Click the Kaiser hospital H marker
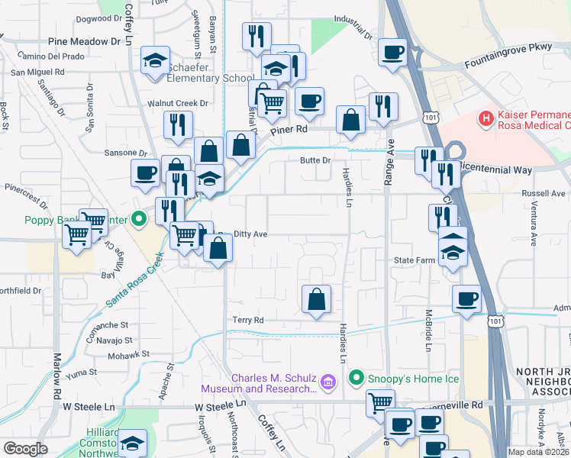pyautogui.click(x=484, y=119)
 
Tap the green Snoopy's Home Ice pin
pyautogui.click(x=356, y=378)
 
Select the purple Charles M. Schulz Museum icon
pyautogui.click(x=327, y=381)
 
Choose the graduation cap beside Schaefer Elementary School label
pyautogui.click(x=155, y=60)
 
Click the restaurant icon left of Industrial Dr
pyautogui.click(x=256, y=36)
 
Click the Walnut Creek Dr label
pyautogui.click(x=177, y=103)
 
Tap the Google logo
pyautogui.click(x=26, y=449)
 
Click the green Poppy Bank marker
pyautogui.click(x=138, y=221)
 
